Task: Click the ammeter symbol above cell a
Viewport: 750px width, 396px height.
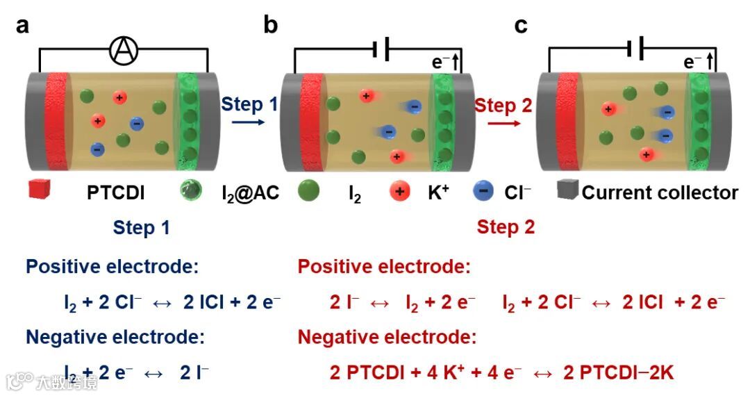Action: [125, 49]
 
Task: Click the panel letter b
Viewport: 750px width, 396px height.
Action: [271, 26]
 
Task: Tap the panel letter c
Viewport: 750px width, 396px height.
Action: [520, 26]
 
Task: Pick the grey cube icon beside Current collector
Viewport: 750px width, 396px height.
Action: [568, 190]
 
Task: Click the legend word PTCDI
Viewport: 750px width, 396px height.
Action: [116, 192]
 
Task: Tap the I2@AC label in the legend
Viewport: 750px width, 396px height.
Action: [246, 192]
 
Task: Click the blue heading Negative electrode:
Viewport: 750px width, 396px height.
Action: [115, 338]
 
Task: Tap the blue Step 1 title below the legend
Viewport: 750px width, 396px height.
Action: [141, 227]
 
